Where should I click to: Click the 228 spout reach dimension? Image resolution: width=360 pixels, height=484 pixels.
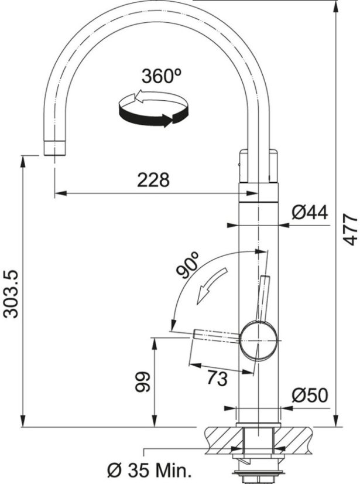tap(153, 180)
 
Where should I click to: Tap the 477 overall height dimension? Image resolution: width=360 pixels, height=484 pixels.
tap(349, 229)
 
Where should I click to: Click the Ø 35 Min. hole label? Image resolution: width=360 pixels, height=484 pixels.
tap(149, 470)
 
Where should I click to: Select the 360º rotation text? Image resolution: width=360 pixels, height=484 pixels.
tap(160, 76)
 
